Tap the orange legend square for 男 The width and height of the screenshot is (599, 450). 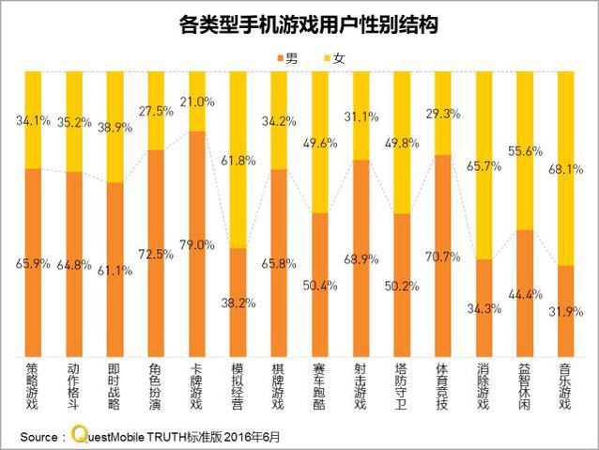[277, 58]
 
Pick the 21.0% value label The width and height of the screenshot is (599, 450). [197, 101]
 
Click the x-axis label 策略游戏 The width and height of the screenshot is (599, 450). [33, 388]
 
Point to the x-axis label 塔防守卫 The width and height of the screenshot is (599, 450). [401, 388]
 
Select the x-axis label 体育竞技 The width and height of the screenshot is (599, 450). [441, 388]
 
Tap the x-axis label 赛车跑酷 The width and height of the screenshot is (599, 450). [319, 388]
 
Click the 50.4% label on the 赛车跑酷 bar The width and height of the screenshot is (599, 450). [320, 285]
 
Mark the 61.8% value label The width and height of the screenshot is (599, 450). [238, 161]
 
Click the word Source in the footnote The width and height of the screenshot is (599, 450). [38, 437]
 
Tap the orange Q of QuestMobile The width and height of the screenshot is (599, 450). [78, 436]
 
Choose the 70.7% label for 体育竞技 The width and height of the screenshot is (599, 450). [442, 255]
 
